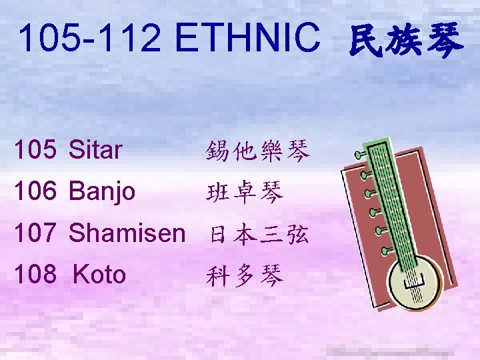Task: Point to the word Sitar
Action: tap(95, 151)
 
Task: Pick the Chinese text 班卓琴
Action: tap(245, 193)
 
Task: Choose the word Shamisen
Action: tap(127, 233)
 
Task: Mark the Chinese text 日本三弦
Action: tap(259, 235)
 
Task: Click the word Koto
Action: tap(99, 274)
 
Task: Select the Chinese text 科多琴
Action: tap(245, 275)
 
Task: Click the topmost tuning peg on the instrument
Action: tap(361, 154)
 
